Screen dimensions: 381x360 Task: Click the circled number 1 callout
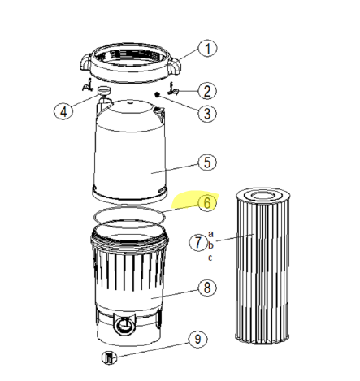210,49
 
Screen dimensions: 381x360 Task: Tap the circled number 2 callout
208,91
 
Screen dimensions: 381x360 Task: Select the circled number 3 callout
208,113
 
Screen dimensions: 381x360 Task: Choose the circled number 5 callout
208,162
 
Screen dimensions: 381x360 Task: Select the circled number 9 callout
196,339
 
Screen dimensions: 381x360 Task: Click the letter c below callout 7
210,258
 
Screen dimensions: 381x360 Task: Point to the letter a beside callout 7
210,234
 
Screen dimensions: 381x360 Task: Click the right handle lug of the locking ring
176,61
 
